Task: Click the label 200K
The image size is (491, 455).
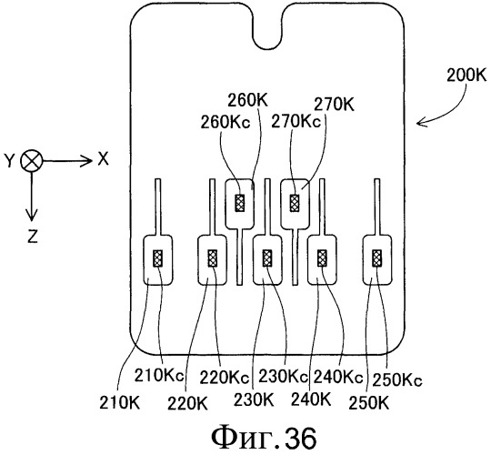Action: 466,76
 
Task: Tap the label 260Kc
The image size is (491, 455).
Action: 225,122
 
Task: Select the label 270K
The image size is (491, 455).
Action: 334,105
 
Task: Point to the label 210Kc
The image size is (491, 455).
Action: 159,375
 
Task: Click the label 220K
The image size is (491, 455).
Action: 187,403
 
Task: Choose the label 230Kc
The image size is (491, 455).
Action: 283,376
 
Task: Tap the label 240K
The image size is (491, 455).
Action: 311,399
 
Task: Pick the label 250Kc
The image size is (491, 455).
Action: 397,379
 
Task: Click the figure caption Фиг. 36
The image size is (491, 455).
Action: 264,438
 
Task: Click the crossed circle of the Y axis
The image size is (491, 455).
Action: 31,161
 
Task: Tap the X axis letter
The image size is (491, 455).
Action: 103,159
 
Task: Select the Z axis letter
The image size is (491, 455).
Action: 33,237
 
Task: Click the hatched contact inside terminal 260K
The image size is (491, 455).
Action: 240,203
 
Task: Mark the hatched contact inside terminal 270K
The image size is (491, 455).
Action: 295,203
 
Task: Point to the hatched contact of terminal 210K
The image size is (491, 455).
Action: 158,258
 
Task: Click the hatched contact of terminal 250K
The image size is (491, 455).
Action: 377,258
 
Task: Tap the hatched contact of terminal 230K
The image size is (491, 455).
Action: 267,258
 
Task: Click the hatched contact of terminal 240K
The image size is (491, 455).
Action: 322,258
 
